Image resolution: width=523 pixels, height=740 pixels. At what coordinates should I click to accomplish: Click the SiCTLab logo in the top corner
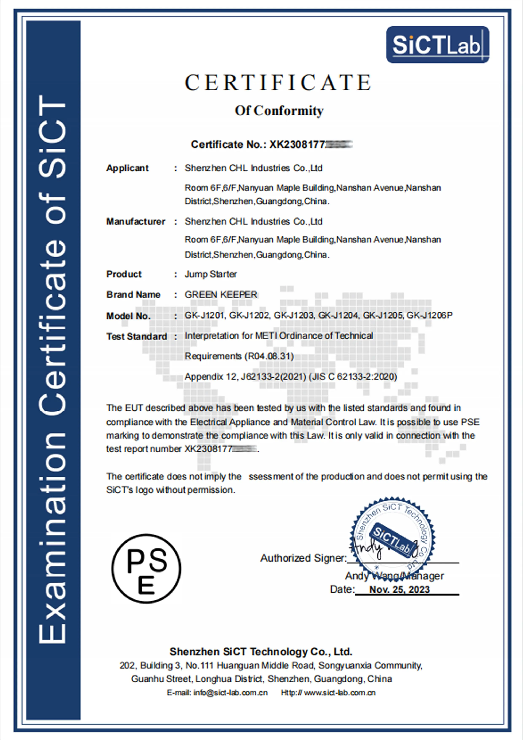(x=437, y=45)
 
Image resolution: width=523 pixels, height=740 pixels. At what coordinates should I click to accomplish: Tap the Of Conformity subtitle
(x=279, y=111)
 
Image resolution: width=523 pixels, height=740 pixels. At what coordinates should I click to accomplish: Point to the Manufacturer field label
(x=136, y=221)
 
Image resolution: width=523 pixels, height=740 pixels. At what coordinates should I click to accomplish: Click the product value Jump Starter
(x=210, y=274)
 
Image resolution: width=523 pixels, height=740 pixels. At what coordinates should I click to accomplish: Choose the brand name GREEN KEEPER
(x=221, y=294)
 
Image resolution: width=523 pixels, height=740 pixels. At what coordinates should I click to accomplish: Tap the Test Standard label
(x=137, y=336)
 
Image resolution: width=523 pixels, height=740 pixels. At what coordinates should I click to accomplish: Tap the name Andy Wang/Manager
(x=394, y=576)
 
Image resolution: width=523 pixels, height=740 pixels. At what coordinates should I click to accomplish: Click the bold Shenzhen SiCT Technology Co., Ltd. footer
(x=261, y=651)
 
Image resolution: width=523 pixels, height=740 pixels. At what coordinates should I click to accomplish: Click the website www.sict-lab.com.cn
(x=340, y=693)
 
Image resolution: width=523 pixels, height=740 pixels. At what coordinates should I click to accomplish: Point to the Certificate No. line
(x=271, y=144)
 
